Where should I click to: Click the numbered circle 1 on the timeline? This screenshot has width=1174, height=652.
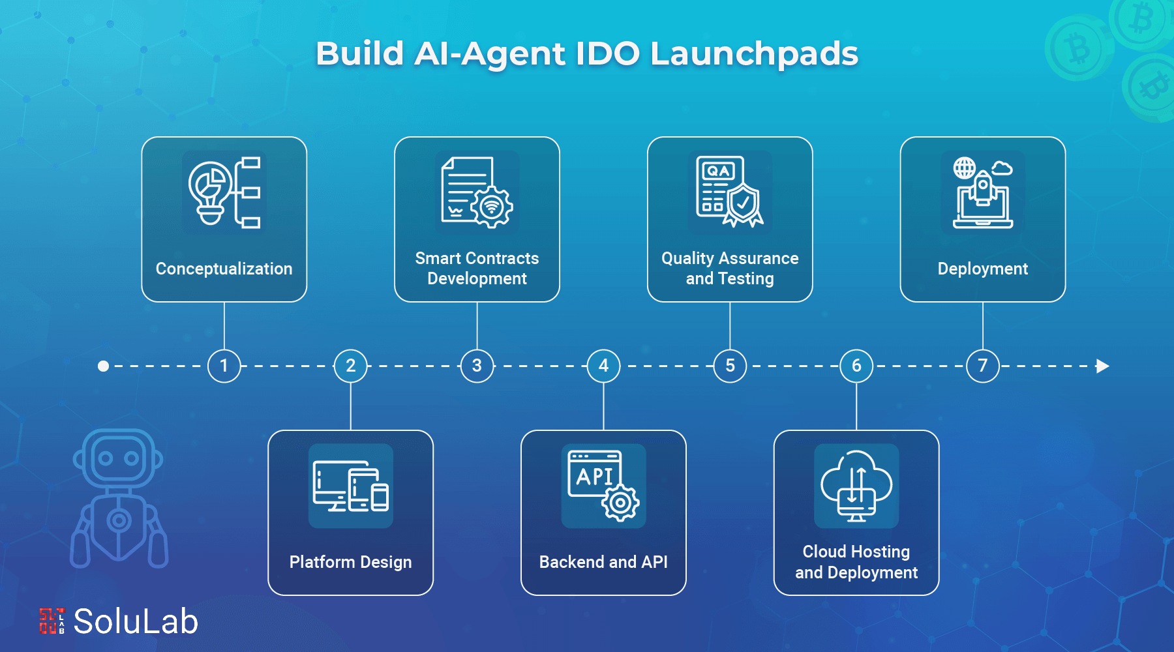coord(224,366)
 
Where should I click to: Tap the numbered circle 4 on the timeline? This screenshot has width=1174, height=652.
coord(603,366)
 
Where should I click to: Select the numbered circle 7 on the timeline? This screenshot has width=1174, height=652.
coord(983,366)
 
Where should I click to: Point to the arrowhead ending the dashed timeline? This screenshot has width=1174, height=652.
coord(1102,366)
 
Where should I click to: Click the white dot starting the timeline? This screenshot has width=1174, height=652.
coord(103,366)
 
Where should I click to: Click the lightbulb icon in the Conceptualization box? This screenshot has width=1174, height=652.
coord(209,191)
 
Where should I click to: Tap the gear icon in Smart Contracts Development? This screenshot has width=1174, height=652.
coord(492,207)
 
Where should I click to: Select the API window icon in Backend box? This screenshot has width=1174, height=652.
coord(594,474)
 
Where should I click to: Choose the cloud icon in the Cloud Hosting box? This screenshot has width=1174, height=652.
coord(856,484)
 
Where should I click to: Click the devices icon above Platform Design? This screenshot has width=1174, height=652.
coord(351,486)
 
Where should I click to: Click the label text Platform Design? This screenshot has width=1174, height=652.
coord(350,562)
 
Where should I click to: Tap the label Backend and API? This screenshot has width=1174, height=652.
coord(603,562)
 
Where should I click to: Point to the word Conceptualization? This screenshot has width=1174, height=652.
coord(224,269)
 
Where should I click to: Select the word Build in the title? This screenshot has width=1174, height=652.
coord(359,53)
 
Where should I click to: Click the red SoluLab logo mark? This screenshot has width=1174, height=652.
coord(52,621)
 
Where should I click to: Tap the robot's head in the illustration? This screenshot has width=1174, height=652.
coord(118,458)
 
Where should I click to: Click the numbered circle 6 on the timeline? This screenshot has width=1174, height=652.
coord(856,366)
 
